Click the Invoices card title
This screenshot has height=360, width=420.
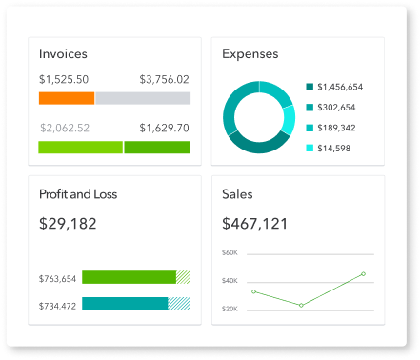(x=65, y=54)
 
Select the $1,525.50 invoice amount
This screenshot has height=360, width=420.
(x=64, y=79)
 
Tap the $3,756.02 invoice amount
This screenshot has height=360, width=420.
(x=164, y=79)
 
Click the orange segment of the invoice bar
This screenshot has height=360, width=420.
(x=67, y=98)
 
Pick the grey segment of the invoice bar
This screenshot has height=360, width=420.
(x=142, y=98)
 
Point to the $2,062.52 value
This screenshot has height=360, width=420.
(x=65, y=128)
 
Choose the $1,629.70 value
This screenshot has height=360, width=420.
(x=164, y=128)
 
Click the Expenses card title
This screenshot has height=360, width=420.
(x=250, y=54)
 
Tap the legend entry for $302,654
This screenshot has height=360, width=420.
(x=335, y=108)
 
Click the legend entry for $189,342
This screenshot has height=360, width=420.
(x=335, y=128)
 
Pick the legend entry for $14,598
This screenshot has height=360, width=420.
(x=333, y=148)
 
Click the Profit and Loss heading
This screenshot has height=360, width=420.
(x=78, y=194)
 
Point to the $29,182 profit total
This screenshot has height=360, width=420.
(x=68, y=224)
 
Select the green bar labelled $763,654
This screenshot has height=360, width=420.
(x=129, y=277)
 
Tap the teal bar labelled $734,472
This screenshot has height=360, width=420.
(x=125, y=304)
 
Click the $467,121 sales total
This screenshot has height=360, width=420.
(x=254, y=224)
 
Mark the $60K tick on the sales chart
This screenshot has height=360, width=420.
(x=230, y=252)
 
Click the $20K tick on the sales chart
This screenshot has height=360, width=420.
(x=230, y=309)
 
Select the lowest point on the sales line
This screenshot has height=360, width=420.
(x=301, y=306)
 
